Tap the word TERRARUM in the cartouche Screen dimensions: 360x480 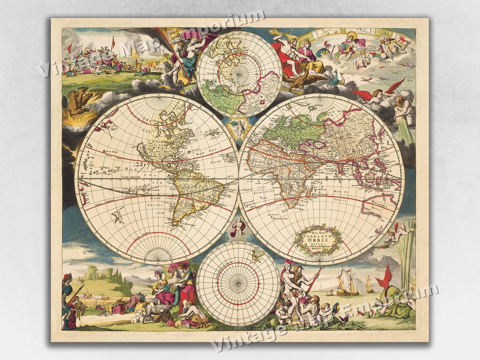point(317,236)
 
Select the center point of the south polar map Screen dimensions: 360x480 point(238,283)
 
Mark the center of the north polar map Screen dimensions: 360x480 point(238,74)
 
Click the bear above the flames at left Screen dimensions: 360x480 point(80,100)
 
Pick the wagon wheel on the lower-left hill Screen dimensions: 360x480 point(94,275)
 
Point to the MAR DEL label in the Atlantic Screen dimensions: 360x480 point(214,150)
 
